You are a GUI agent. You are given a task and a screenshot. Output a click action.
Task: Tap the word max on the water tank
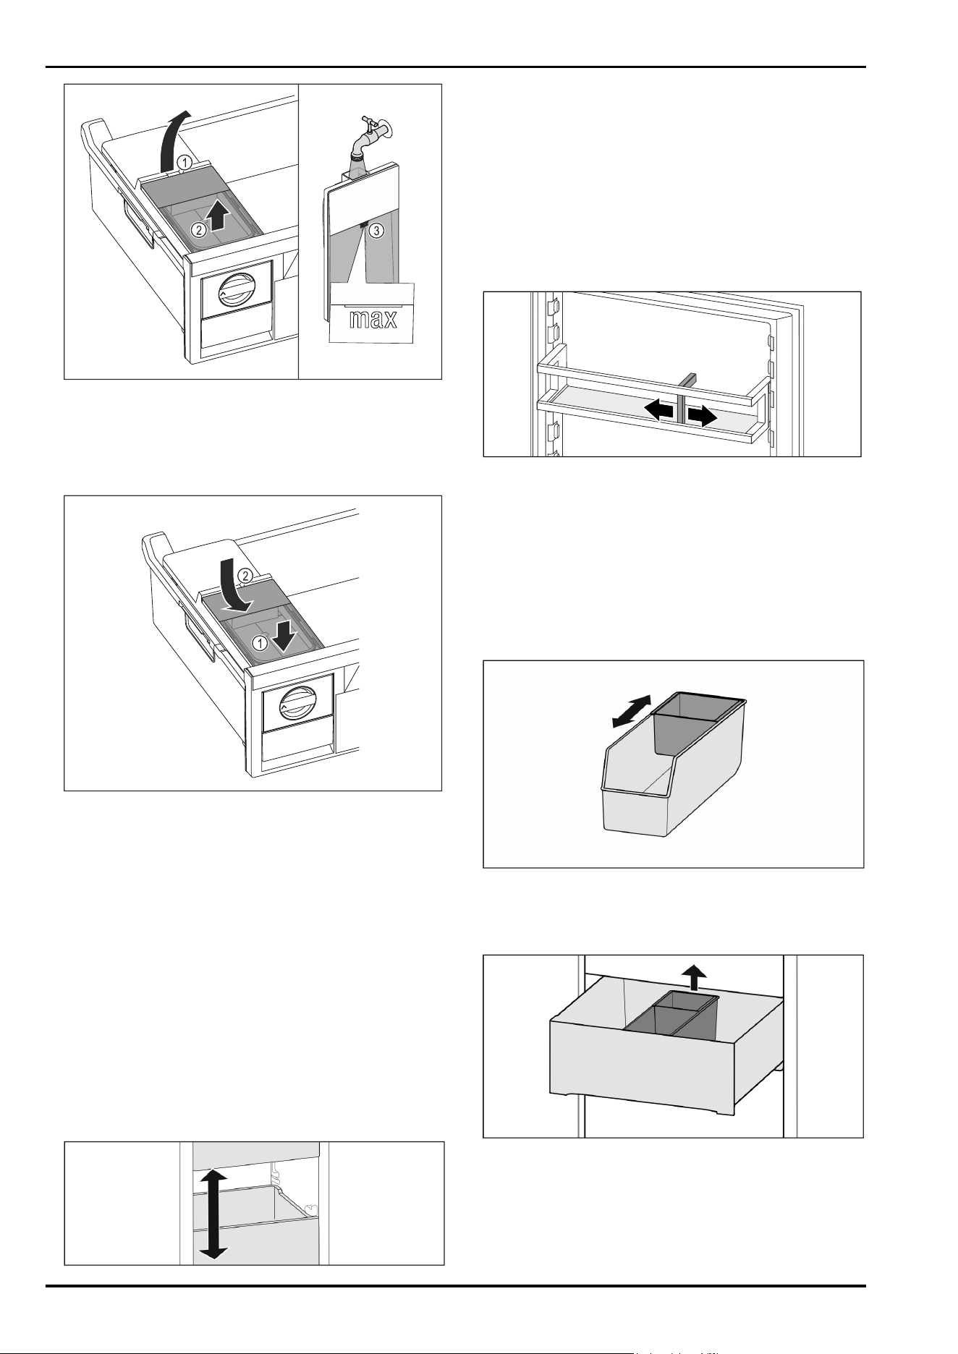click(373, 318)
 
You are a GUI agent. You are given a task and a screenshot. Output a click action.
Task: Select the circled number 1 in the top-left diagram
click(185, 163)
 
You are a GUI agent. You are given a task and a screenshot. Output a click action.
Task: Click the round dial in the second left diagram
click(295, 702)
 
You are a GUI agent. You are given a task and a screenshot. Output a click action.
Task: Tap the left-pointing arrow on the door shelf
click(659, 410)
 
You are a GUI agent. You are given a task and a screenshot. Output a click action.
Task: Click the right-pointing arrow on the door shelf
click(702, 415)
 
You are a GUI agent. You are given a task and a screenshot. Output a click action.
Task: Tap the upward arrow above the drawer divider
click(696, 977)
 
